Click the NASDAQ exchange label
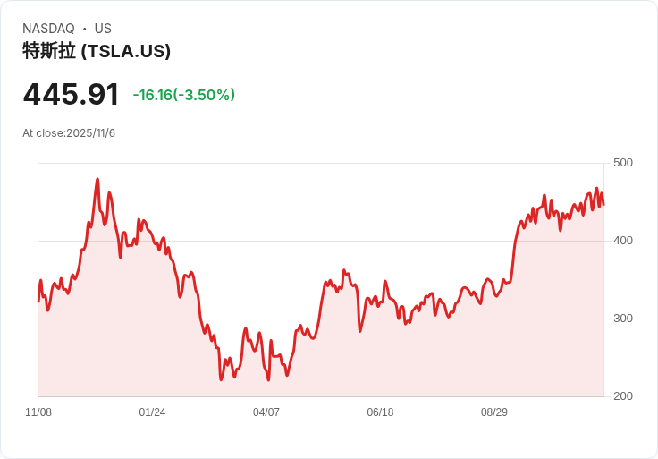click(x=48, y=29)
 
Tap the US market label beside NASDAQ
click(x=103, y=29)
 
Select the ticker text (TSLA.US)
click(x=125, y=51)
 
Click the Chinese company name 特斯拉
click(x=49, y=51)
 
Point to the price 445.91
click(x=71, y=94)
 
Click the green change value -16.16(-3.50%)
click(x=183, y=95)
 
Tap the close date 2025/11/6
click(x=90, y=133)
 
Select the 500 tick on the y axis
click(x=623, y=163)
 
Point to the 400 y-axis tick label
click(x=623, y=241)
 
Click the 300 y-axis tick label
click(x=623, y=319)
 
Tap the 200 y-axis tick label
click(x=623, y=396)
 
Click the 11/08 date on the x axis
click(x=38, y=412)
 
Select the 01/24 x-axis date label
click(x=152, y=412)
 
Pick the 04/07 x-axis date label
click(x=266, y=412)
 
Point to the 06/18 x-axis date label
click(x=380, y=412)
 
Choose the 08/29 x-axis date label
click(x=494, y=412)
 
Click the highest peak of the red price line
click(x=97, y=179)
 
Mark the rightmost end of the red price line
click(x=603, y=205)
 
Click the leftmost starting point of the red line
click(x=38, y=301)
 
